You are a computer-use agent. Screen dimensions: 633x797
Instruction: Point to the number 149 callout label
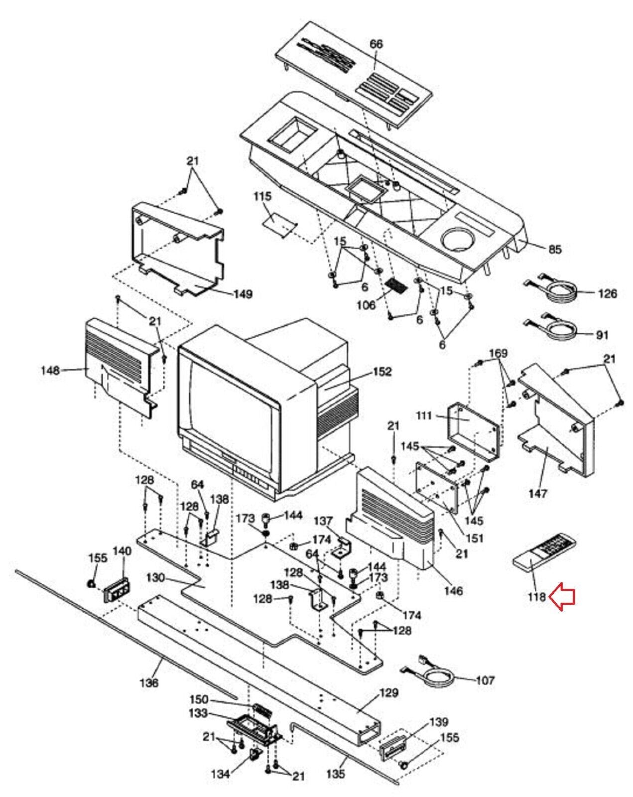[x=243, y=294]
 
